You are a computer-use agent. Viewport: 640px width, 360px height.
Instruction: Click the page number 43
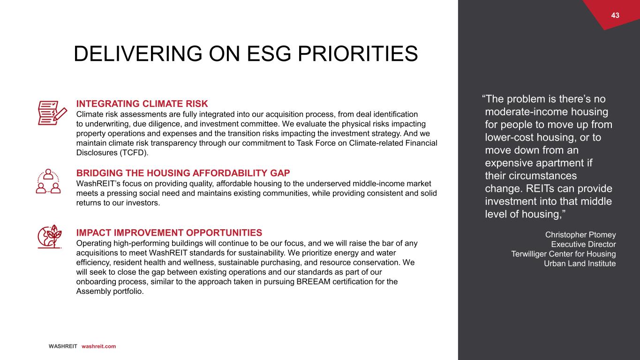coord(615,15)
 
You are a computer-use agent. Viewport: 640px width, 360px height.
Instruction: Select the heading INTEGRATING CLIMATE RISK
coord(142,104)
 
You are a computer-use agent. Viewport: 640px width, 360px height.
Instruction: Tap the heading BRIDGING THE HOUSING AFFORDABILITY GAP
coord(183,173)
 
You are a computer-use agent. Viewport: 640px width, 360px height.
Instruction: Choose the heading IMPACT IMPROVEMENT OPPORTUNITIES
coord(169,232)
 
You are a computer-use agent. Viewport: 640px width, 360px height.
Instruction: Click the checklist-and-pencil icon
coord(53,112)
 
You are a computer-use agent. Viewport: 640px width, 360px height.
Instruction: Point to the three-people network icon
coord(48,181)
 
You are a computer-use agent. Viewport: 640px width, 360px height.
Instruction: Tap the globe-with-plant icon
coord(49,236)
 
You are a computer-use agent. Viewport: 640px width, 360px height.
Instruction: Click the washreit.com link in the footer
coord(99,346)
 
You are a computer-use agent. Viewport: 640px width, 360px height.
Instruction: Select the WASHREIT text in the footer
coord(63,346)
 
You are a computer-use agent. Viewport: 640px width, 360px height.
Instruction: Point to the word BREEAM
coord(313,281)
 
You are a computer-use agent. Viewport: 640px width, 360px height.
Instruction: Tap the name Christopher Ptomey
coord(580,234)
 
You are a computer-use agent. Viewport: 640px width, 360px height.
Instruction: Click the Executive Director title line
coord(583,244)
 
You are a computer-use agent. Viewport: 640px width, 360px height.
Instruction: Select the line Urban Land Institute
coord(580,263)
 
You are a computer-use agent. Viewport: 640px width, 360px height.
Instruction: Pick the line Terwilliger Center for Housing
coord(564,254)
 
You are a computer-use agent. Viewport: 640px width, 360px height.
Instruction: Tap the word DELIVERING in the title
coord(138,54)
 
